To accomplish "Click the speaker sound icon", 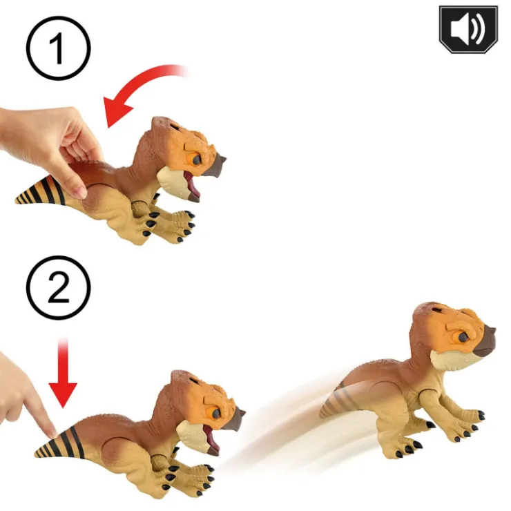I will [x=467, y=29].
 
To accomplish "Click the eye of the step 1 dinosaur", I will [x=198, y=160].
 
